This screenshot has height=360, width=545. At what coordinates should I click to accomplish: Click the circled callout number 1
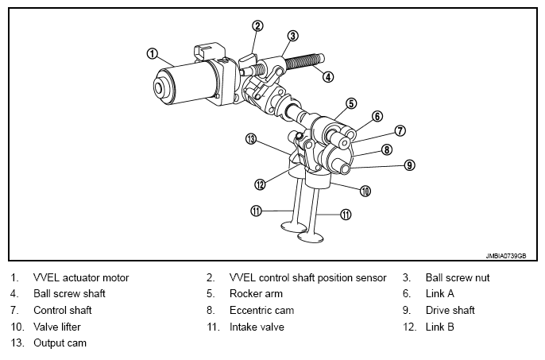tap(152, 54)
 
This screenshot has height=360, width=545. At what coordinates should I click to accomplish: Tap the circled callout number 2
tap(257, 25)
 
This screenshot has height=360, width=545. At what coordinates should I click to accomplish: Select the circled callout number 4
tap(328, 77)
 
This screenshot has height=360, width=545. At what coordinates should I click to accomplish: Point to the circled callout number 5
tap(351, 103)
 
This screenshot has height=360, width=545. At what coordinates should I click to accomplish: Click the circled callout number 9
tap(409, 165)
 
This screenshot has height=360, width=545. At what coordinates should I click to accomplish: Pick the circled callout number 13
tap(251, 139)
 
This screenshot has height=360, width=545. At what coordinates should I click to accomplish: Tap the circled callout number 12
tap(260, 184)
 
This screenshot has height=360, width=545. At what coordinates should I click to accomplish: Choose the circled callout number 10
tap(365, 191)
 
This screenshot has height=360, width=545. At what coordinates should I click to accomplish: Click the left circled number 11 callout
tap(256, 211)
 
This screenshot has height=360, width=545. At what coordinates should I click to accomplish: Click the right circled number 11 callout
tap(345, 215)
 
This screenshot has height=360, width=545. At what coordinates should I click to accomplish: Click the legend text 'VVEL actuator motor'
tap(81, 277)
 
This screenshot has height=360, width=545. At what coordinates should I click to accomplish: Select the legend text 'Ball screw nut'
tap(458, 277)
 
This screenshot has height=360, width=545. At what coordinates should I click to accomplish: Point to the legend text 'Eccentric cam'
tap(261, 310)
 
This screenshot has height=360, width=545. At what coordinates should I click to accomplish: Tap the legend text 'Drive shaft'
tap(450, 310)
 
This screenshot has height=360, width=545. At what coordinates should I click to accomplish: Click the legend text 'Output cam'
tap(60, 343)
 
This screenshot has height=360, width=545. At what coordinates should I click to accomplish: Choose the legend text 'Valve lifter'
tap(57, 327)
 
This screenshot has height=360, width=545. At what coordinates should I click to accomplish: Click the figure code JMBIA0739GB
tap(506, 256)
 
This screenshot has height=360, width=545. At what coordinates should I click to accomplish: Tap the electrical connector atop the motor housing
tap(208, 52)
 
